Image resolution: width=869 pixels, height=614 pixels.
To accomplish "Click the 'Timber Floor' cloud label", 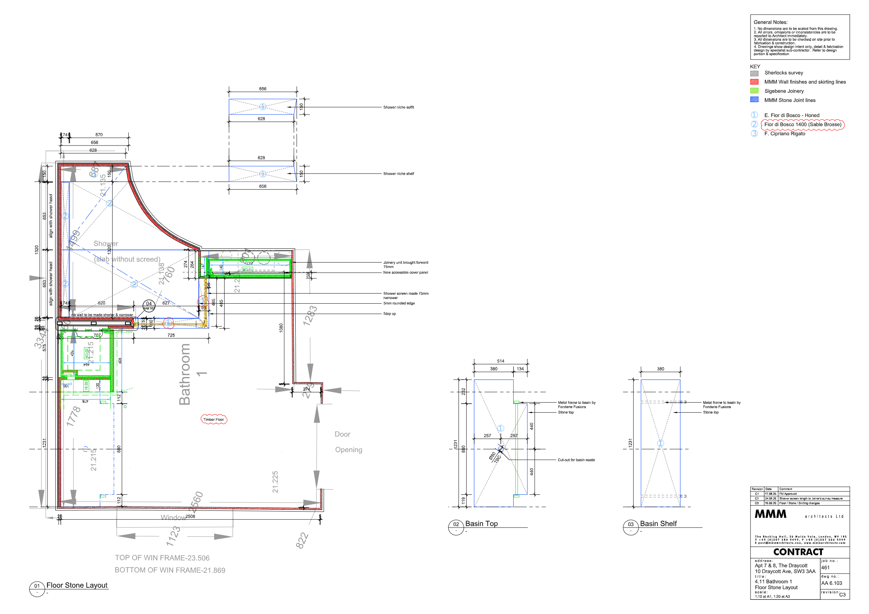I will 214,419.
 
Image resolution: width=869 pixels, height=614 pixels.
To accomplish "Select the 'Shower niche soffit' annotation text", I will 398,108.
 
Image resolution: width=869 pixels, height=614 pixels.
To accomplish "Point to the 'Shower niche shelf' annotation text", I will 398,174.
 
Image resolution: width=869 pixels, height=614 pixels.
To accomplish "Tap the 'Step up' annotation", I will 389,314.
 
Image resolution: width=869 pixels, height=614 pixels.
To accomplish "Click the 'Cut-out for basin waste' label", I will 576,460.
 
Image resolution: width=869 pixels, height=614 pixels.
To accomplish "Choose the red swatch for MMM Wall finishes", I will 754,82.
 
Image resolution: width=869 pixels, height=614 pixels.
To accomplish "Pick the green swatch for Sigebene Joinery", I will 754,91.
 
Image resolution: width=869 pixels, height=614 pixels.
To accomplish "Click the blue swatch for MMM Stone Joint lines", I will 754,100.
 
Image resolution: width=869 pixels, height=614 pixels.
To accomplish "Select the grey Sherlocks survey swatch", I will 754,73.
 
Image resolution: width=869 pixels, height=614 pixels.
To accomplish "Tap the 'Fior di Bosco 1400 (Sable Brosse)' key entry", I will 802,125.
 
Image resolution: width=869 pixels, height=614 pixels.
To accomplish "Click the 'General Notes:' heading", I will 770,22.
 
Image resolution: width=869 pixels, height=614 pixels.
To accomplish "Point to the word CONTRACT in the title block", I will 798,552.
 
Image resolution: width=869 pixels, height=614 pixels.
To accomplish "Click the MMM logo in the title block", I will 770,514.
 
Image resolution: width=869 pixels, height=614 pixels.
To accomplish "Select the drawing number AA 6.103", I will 831,583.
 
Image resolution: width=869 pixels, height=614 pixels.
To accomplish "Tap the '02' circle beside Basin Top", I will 456,525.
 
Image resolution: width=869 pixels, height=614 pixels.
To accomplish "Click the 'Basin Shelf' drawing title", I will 658,524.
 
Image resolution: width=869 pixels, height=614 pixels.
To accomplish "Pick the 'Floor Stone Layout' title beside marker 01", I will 77,586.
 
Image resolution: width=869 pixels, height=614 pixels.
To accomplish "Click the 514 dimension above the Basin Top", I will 500,362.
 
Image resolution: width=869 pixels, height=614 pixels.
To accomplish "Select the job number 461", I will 826,568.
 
